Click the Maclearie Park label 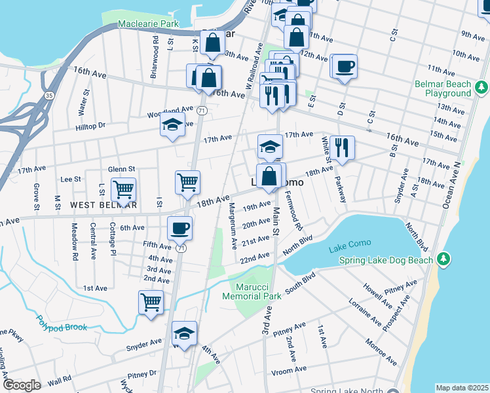tap(148, 24)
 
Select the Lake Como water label tap(350, 243)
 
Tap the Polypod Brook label tap(61, 323)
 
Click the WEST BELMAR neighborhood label tap(104, 205)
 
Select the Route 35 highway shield tap(48, 77)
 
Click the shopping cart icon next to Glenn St tap(123, 189)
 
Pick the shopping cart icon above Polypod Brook tap(151, 302)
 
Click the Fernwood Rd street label tap(294, 210)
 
